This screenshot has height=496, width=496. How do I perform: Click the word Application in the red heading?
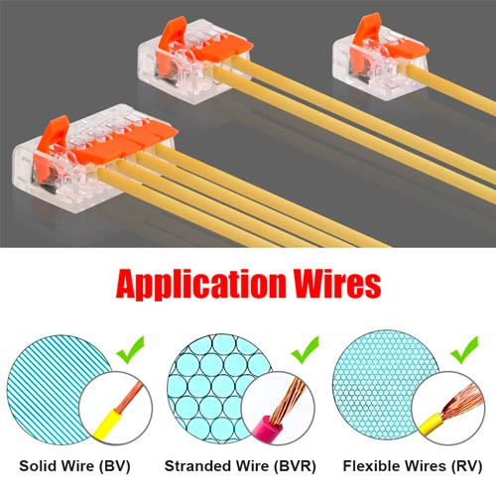[x=201, y=284]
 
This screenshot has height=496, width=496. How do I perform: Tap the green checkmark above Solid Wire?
[x=131, y=349]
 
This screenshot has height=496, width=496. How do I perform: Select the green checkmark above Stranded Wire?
[x=305, y=349]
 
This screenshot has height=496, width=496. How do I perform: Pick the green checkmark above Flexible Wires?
[x=464, y=349]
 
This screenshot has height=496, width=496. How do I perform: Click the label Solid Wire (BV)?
[x=74, y=466]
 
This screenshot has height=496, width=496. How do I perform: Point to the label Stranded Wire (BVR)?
[x=240, y=466]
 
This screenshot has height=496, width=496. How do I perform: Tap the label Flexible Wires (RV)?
[x=413, y=466]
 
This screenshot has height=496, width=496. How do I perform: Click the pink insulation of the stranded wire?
[x=267, y=428]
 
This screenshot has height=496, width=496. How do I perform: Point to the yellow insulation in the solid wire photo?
[x=108, y=425]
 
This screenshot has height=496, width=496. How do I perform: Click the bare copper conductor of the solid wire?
[x=130, y=397]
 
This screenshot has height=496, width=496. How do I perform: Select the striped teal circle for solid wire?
[x=59, y=390]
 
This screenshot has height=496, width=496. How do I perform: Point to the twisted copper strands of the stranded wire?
[x=287, y=401]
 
